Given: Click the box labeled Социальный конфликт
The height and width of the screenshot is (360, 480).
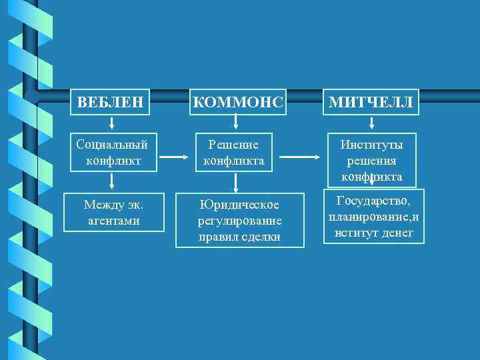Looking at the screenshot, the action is point(113,152).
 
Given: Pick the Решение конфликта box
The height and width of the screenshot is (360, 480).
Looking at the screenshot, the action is point(233,152).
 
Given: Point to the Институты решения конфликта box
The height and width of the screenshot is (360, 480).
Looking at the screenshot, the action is point(372,160).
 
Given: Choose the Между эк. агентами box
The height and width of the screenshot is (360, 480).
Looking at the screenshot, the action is point(113,212).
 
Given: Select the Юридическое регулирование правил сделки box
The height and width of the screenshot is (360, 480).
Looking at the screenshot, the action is point(239,220).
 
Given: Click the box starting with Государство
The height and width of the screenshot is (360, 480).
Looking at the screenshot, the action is point(374,216).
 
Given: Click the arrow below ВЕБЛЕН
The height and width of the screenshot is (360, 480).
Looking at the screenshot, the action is point(112,123).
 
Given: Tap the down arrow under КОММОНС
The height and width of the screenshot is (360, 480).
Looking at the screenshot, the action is point(235,122).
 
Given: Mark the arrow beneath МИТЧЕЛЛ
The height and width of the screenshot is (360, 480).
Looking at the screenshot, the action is point(372,123).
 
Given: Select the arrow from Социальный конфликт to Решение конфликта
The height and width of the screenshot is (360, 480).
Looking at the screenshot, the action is point(172,158).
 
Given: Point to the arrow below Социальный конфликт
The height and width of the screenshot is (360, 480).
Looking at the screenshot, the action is point(112,181).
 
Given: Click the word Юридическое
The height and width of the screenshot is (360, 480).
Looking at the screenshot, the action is point(239,205).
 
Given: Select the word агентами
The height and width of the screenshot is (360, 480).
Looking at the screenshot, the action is point(113,220).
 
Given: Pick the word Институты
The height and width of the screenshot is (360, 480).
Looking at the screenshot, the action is point(372,144).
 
